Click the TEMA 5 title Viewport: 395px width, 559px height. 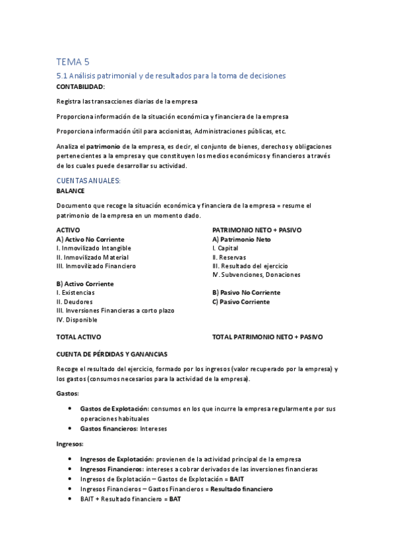(x=73, y=62)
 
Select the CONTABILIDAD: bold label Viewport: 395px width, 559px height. (x=80, y=86)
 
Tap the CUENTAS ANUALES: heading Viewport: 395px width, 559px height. (x=88, y=180)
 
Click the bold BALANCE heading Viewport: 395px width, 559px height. (x=71, y=191)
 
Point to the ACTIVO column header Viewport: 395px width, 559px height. (x=69, y=230)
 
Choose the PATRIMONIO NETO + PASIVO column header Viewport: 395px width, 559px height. (x=256, y=230)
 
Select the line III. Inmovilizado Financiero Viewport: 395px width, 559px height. (x=96, y=266)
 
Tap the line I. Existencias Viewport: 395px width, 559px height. (x=76, y=292)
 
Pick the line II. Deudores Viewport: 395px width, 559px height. (x=75, y=301)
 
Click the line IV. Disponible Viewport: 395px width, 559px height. (x=77, y=320)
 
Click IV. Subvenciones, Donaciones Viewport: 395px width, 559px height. (x=256, y=274)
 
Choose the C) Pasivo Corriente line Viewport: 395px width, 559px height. (x=241, y=302)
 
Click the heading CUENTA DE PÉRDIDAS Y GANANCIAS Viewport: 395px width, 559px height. (x=111, y=354)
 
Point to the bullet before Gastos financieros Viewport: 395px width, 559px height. (x=70, y=428)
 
